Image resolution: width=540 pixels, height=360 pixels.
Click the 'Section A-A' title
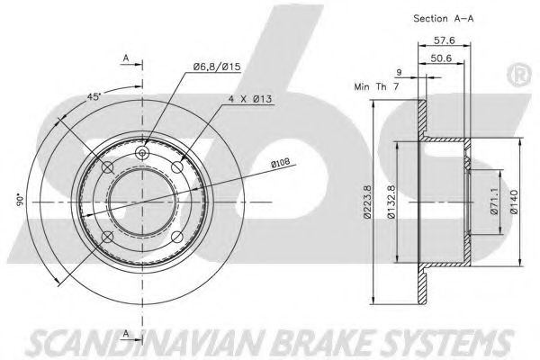444,18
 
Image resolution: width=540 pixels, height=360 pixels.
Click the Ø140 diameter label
512,203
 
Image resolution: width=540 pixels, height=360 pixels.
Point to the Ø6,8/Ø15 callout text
213,63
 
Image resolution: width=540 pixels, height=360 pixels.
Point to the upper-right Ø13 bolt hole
178,167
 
